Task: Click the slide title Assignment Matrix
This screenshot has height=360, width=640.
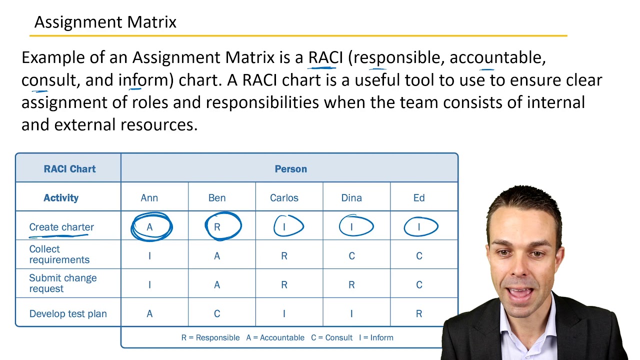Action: [x=105, y=22]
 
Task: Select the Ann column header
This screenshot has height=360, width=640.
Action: [x=149, y=198]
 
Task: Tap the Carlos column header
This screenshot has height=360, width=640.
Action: [x=284, y=198]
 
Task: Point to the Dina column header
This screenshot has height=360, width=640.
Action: [x=351, y=198]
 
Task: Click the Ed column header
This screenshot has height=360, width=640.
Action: [x=419, y=198]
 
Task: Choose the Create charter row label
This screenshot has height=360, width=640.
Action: [x=61, y=227]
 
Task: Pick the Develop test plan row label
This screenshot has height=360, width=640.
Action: [x=68, y=314]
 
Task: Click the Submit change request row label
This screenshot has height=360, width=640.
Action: [x=63, y=283]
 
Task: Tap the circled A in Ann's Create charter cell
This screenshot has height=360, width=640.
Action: [x=149, y=227]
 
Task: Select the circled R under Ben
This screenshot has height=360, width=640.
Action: [x=217, y=227]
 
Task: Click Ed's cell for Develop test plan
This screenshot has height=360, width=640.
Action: [x=419, y=314]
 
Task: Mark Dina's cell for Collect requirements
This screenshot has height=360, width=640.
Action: [x=351, y=256]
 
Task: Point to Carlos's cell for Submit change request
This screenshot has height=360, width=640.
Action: [x=284, y=285]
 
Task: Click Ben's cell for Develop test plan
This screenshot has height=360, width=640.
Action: [x=217, y=314]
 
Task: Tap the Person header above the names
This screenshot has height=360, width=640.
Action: [x=290, y=169]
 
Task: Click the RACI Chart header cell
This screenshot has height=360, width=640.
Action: [x=69, y=169]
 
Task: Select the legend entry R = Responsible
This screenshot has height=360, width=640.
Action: [x=210, y=338]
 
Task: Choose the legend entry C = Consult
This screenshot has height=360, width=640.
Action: [x=331, y=338]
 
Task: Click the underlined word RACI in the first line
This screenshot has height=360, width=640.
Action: [x=325, y=57]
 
